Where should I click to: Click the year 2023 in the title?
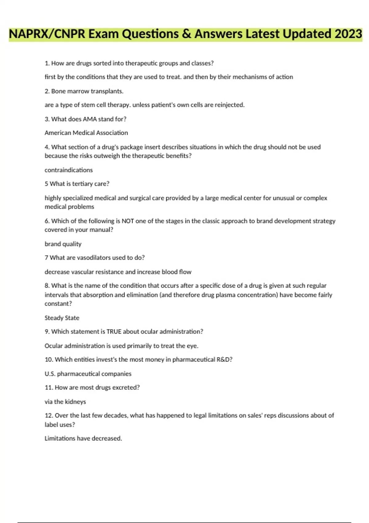pos(348,34)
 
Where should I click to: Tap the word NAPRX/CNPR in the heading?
pos(47,34)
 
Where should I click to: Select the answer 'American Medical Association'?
pos(86,133)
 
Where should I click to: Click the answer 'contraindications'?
pos(69,170)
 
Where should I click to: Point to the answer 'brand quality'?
pos(63,244)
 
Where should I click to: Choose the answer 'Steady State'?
pos(62,318)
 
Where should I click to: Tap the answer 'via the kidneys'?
pos(65,402)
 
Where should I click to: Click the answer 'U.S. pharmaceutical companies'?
pos(88,374)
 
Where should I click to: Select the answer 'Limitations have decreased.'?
pos(83,438)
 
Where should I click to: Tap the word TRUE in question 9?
pos(114,332)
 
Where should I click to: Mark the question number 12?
pos(49,416)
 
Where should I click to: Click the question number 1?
pos(47,63)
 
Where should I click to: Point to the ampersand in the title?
pos(186,34)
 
